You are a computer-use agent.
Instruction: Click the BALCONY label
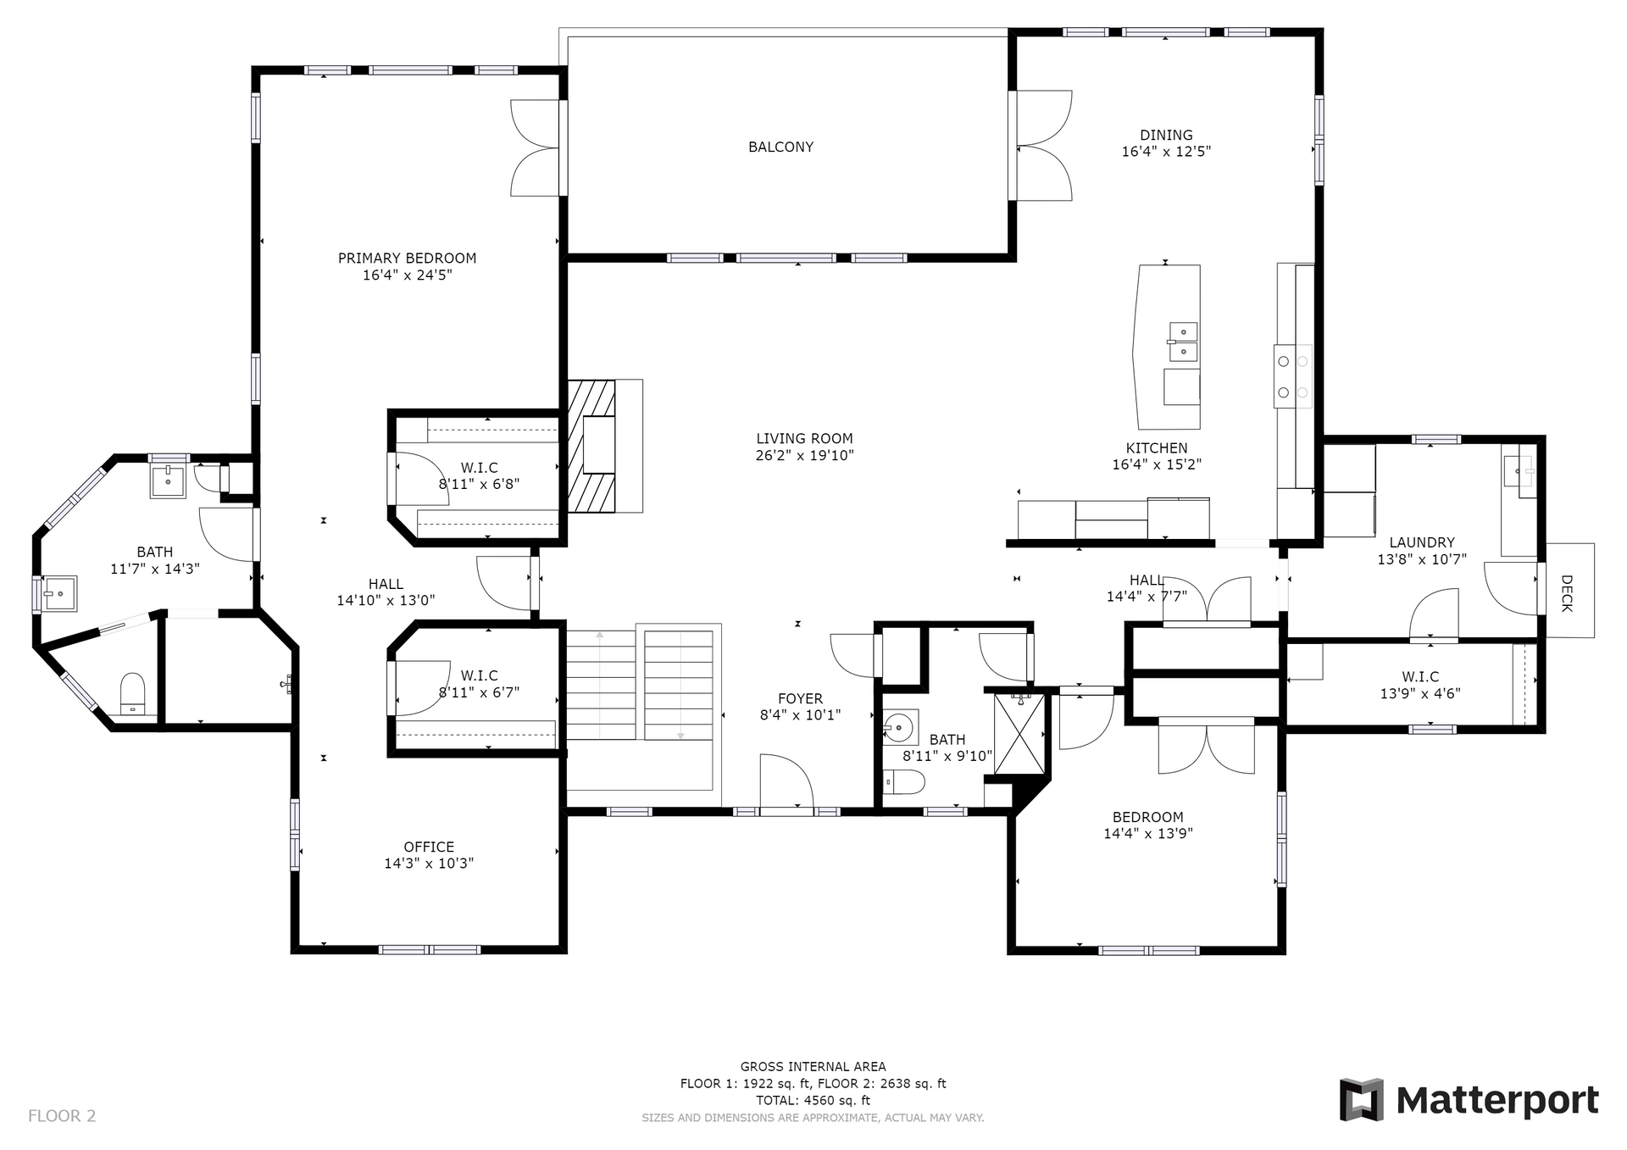pos(780,147)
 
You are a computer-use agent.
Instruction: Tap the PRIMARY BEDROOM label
pos(407,258)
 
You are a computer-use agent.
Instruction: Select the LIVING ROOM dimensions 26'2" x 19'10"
pos(804,455)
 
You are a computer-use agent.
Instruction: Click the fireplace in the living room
pos(604,446)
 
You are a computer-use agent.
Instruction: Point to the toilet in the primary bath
pos(133,695)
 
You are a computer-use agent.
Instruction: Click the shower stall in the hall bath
pos(1019,733)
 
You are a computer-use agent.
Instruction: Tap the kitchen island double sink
pos(1183,342)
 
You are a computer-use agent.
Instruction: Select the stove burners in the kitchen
pos(1293,376)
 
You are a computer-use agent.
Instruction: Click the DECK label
pos(1567,593)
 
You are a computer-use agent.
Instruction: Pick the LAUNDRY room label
pos(1422,542)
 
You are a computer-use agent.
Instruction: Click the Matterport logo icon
pos(1361,1100)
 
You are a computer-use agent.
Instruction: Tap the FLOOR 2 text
pos(62,1115)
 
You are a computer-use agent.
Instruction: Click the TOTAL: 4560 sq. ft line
pos(813,1101)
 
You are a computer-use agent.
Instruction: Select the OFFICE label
pos(429,847)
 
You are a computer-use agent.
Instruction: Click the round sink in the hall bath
pos(897,727)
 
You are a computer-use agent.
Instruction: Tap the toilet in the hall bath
pos(903,782)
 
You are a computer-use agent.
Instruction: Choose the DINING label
pos(1166,135)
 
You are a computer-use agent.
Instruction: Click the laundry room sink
pos(1519,470)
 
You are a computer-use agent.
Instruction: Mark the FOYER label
pos(800,698)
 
